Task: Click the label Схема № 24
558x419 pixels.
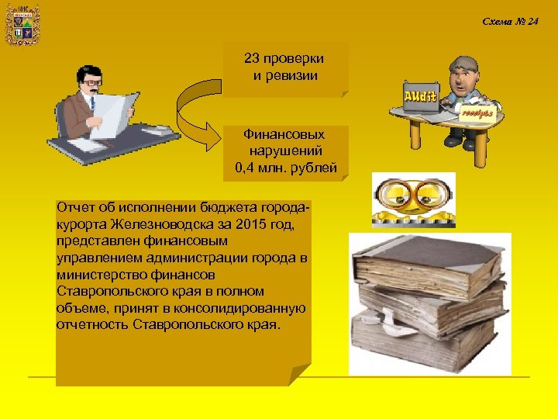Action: pos(510,21)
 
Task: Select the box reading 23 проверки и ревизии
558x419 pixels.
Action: pos(284,69)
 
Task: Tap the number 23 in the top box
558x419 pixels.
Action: pos(253,60)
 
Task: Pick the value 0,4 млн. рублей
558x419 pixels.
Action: pos(285,167)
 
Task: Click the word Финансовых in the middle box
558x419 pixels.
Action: pos(284,135)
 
